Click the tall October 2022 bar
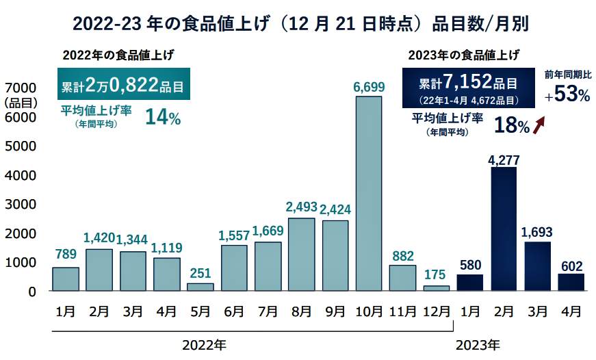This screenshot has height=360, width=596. click(368, 194)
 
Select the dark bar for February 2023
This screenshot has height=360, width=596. click(503, 229)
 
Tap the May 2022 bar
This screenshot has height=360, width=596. click(200, 287)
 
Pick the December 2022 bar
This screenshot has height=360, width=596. click(436, 288)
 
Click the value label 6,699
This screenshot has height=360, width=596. click(369, 87)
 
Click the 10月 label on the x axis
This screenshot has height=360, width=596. click(369, 311)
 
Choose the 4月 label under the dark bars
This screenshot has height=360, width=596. click(570, 311)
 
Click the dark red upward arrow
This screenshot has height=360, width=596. click(539, 125)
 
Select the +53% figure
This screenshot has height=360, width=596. click(567, 95)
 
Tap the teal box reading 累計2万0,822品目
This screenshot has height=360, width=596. click(123, 85)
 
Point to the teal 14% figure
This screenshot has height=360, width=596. click(162, 117)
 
